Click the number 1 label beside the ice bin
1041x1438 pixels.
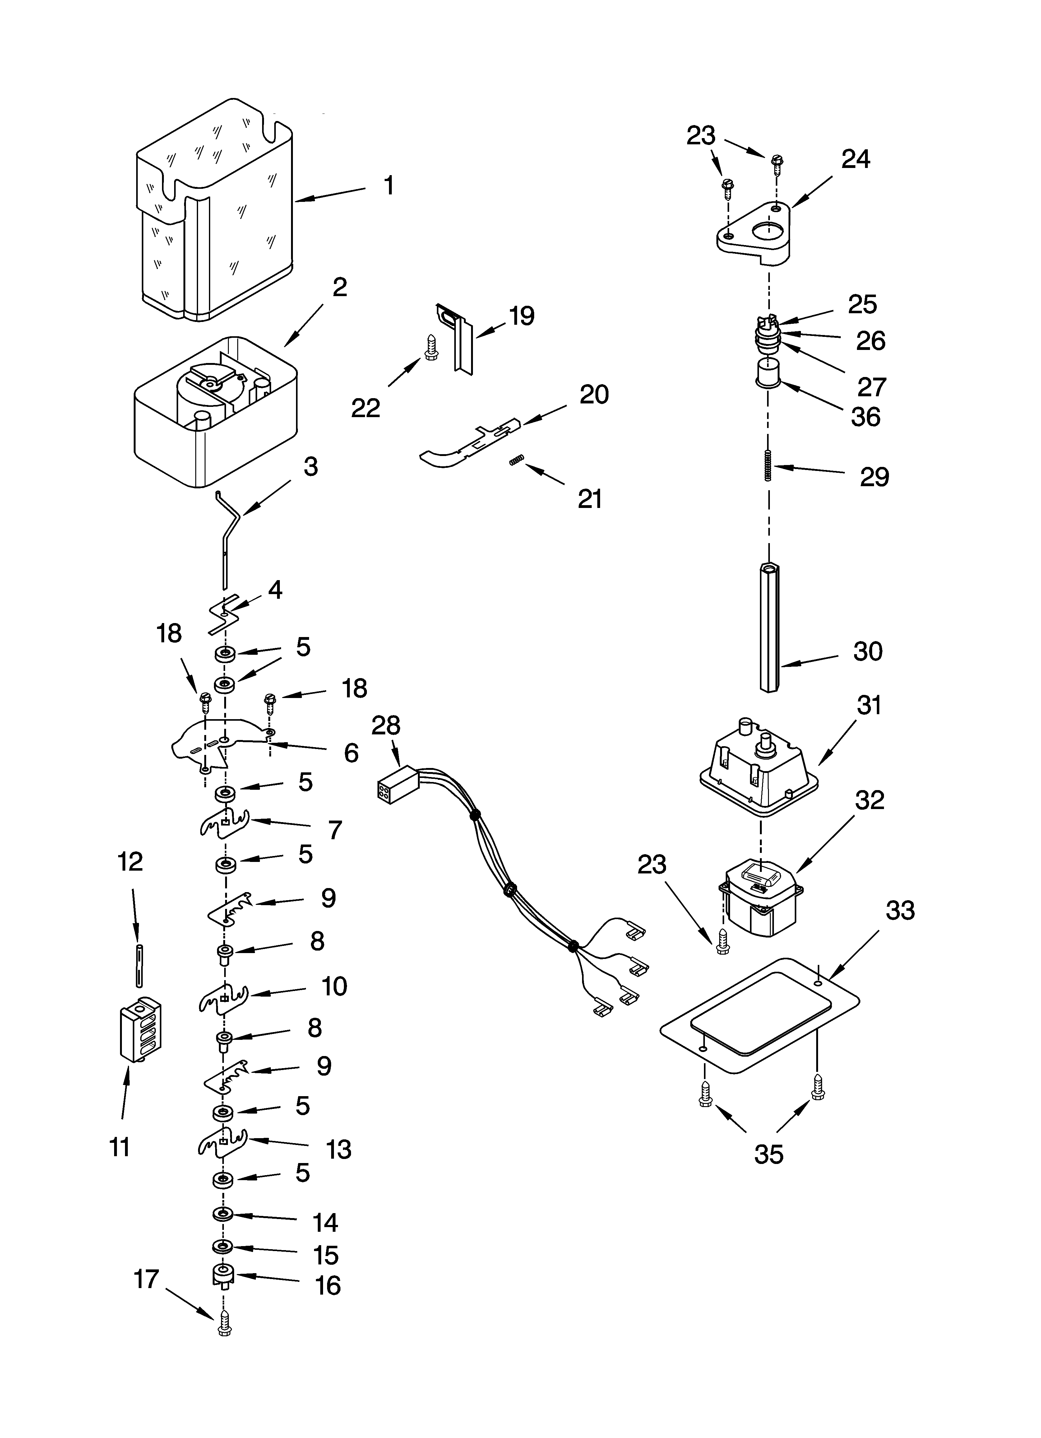pyautogui.click(x=389, y=186)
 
